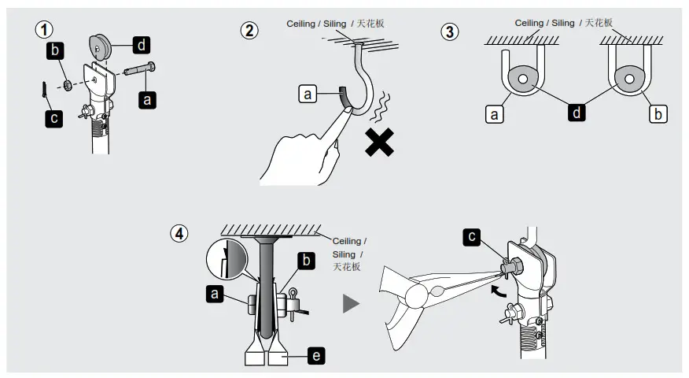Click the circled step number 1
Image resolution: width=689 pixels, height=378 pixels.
(x=44, y=31)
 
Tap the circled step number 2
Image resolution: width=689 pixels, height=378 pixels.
(x=249, y=31)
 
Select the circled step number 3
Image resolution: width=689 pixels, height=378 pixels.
(x=449, y=32)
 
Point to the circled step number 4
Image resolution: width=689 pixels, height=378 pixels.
(x=180, y=234)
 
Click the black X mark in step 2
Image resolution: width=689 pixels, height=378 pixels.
(x=378, y=142)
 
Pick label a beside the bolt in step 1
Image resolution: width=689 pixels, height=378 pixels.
(x=146, y=99)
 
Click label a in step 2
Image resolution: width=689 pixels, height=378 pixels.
(x=308, y=94)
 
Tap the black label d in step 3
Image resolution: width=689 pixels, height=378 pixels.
(x=577, y=113)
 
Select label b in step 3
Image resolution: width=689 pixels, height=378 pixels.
(x=658, y=114)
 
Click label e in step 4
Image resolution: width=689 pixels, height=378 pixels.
(x=315, y=356)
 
